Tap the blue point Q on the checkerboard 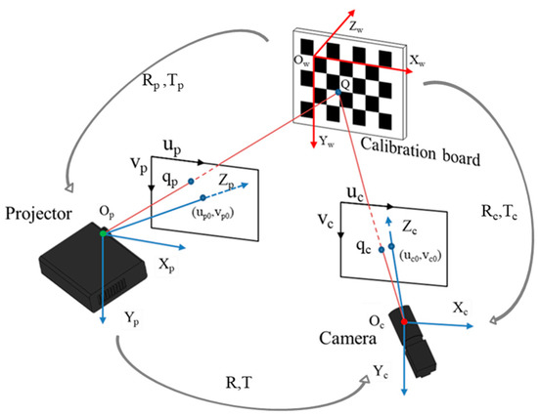tap(337, 92)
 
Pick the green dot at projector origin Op tap(103, 232)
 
